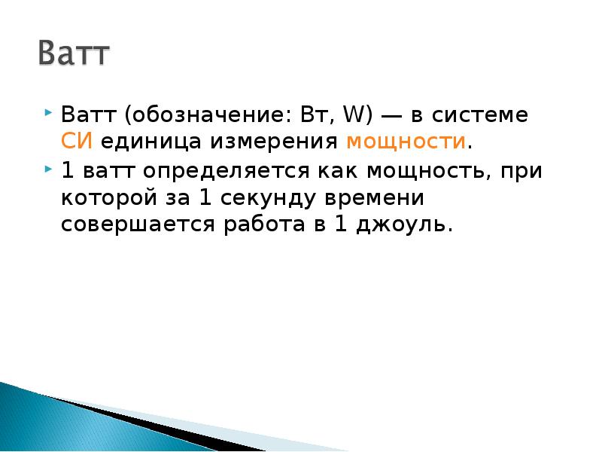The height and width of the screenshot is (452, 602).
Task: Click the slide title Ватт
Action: pyautogui.click(x=74, y=55)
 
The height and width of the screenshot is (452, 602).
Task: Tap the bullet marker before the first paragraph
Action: pyautogui.click(x=49, y=114)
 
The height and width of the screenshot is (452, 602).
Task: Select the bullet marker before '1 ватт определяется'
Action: pyautogui.click(x=49, y=168)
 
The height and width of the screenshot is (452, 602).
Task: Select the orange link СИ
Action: pyautogui.click(x=76, y=142)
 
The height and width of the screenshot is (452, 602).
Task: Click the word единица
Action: pyautogui.click(x=147, y=142)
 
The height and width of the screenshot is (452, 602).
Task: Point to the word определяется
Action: pyautogui.click(x=213, y=170)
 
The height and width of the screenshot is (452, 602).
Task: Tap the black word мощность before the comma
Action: pyautogui.click(x=430, y=171)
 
